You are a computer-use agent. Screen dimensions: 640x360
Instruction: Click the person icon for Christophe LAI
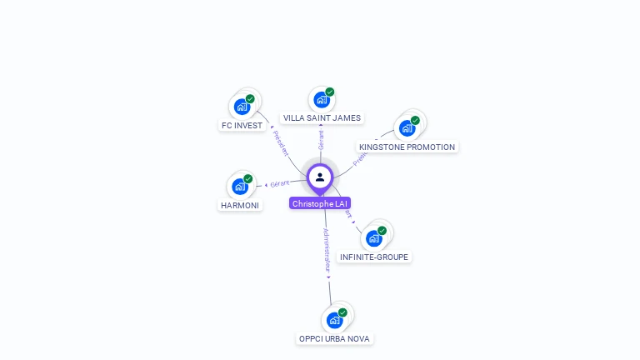click(320, 177)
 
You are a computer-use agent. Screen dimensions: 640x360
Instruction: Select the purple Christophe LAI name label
click(320, 203)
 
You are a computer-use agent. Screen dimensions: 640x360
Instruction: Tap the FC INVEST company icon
click(241, 107)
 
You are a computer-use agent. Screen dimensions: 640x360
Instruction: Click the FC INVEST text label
click(242, 126)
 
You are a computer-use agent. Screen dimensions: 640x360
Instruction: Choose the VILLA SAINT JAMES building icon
click(321, 100)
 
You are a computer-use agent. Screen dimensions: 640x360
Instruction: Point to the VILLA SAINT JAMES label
click(322, 118)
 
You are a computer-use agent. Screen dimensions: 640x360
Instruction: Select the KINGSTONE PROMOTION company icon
click(407, 128)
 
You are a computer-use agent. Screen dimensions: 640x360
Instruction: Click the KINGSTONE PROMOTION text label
click(407, 147)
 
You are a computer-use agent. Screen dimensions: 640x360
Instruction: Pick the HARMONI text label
click(240, 205)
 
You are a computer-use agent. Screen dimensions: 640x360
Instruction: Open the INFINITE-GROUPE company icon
click(373, 238)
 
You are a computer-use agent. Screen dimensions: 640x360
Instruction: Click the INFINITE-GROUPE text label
click(374, 257)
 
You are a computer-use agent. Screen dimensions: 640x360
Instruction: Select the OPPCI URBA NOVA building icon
click(334, 320)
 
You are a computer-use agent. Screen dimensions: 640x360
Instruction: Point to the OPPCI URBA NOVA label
click(335, 339)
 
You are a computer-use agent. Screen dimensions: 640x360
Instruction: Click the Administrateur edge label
click(327, 251)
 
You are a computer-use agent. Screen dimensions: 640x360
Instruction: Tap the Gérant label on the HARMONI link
click(279, 183)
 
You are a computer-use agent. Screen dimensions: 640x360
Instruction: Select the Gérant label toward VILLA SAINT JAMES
click(321, 140)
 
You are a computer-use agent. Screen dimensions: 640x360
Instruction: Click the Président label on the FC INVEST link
click(281, 142)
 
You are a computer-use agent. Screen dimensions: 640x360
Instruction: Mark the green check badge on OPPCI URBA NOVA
click(342, 312)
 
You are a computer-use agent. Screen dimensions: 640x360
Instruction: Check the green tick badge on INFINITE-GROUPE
click(382, 231)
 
